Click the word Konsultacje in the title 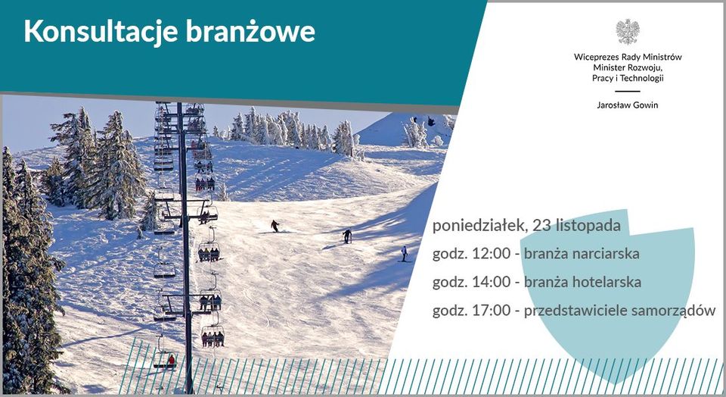(101, 32)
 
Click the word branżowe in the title (250, 32)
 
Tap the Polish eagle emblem (628, 32)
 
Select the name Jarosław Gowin (628, 105)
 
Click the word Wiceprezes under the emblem (595, 57)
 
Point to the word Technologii (642, 78)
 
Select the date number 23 (540, 226)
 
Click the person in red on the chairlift (172, 360)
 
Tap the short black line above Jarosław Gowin (628, 92)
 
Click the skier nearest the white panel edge (404, 253)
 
